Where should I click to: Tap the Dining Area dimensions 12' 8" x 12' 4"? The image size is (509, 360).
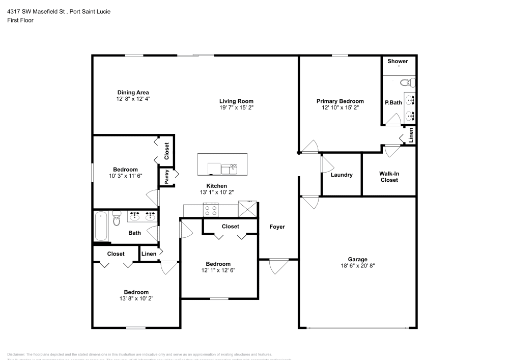[x=133, y=99]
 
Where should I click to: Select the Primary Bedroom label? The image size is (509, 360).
[x=340, y=101]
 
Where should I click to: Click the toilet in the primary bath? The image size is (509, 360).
[x=408, y=82]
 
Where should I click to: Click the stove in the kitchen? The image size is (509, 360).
[x=211, y=209]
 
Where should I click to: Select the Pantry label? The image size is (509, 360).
[x=166, y=177]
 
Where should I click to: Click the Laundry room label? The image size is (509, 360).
[x=342, y=175]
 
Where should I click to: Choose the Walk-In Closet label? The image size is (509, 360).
[x=389, y=177]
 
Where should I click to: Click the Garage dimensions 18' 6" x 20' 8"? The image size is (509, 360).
[x=357, y=266]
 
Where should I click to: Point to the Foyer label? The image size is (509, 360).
[x=277, y=227]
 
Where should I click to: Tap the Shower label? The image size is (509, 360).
[x=398, y=61]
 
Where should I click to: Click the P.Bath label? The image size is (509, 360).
[x=393, y=102]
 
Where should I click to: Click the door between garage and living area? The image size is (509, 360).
[x=309, y=202]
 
